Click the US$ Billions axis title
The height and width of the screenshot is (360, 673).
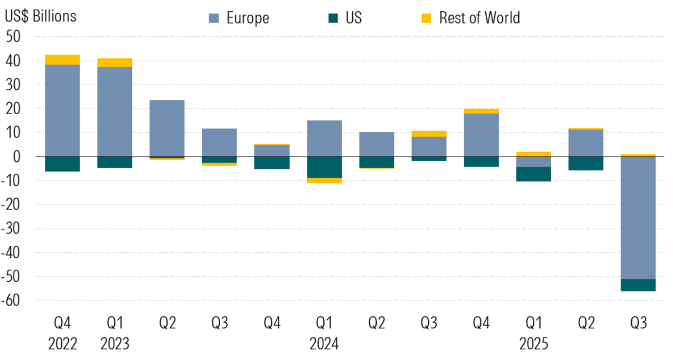pyautogui.click(x=40, y=16)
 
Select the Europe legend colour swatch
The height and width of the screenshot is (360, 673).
pyautogui.click(x=214, y=18)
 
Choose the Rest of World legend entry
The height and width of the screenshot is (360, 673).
pyautogui.click(x=479, y=18)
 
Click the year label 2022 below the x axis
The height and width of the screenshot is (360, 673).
pyautogui.click(x=62, y=344)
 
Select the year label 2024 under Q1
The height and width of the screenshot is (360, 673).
pyautogui.click(x=324, y=344)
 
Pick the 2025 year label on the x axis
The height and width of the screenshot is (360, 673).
pyautogui.click(x=533, y=344)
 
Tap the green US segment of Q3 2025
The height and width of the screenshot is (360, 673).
pyautogui.click(x=638, y=285)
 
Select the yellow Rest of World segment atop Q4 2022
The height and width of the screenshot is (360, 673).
pyautogui.click(x=62, y=60)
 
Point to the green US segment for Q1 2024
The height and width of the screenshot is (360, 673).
pyautogui.click(x=324, y=167)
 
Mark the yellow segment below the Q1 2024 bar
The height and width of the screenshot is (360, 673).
pyautogui.click(x=324, y=181)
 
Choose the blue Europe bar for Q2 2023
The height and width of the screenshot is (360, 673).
pyautogui.click(x=167, y=128)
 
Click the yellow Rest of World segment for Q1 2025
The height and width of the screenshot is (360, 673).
pyautogui.click(x=533, y=154)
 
